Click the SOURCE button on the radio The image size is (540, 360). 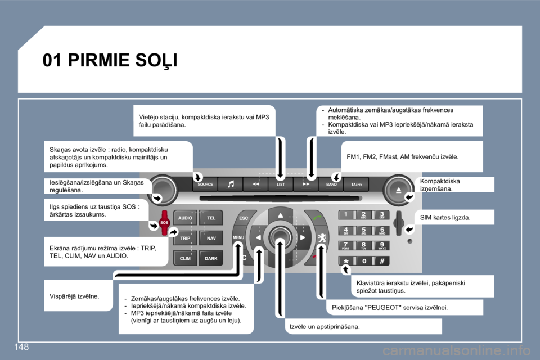(x=205, y=184)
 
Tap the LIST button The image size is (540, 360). (x=280, y=184)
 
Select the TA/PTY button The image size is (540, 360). (x=356, y=184)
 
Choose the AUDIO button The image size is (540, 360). (x=185, y=218)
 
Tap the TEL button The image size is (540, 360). (x=211, y=218)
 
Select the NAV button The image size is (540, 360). (x=211, y=238)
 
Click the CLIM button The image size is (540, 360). (x=185, y=258)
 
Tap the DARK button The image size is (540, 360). (x=211, y=258)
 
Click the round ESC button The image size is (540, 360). (x=244, y=218)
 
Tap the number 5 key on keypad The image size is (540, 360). (x=364, y=230)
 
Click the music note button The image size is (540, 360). (x=231, y=184)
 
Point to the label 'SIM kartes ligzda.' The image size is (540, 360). (x=446, y=217)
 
